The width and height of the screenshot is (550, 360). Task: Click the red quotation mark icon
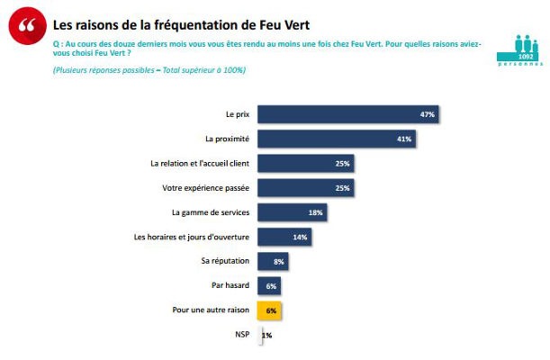coord(28,26)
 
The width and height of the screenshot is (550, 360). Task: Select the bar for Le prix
coord(347,115)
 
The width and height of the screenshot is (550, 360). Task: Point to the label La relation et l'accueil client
coord(199,164)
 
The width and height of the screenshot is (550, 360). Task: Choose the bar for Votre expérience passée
coord(304,188)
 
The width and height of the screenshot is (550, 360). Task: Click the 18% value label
coord(315,212)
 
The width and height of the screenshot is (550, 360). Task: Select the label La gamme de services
coord(210,212)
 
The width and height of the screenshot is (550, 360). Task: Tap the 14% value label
coord(300,238)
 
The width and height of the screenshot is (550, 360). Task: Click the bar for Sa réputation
coord(273,261)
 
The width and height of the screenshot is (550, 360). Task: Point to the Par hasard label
coord(230,285)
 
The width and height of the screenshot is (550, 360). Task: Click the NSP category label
coord(241,335)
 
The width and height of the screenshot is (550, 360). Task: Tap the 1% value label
coord(266,335)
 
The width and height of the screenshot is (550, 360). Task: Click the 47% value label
coord(428,115)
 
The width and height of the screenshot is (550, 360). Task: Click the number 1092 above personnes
coord(519,56)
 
